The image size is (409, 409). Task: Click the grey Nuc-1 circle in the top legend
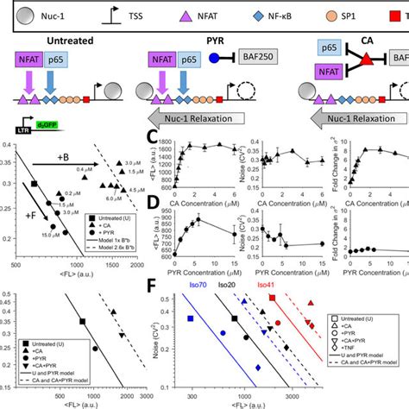[19, 16]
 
